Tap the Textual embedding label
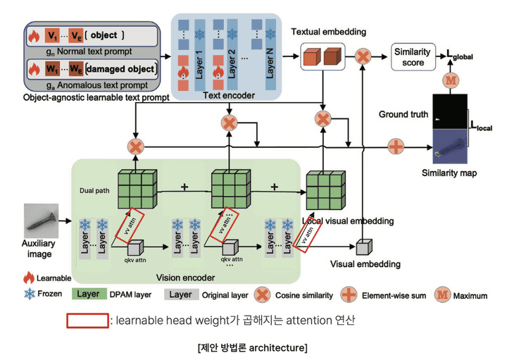pos(328,32)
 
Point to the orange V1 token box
pos(51,35)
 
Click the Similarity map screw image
pos(451,146)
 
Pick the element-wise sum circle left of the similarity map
pos(397,147)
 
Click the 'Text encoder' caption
pos(225,96)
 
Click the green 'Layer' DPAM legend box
pos(88,294)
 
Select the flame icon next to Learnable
pos(30,278)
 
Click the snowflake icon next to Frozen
pos(30,294)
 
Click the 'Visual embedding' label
pos(365,264)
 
